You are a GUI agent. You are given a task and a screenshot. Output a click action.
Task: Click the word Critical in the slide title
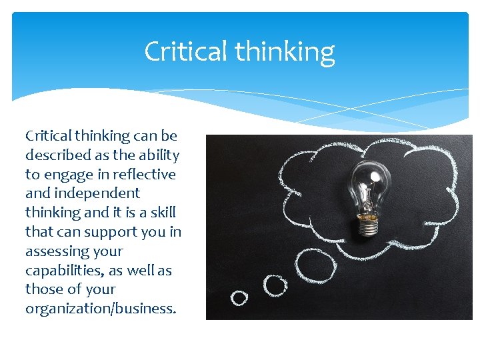click(185, 51)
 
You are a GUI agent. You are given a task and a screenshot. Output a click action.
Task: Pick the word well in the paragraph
click(139, 271)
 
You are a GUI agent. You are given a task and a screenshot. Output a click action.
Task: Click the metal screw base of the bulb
click(367, 225)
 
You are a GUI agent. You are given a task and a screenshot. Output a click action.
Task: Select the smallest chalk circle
click(239, 297)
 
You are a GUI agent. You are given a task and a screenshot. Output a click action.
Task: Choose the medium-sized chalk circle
click(275, 285)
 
